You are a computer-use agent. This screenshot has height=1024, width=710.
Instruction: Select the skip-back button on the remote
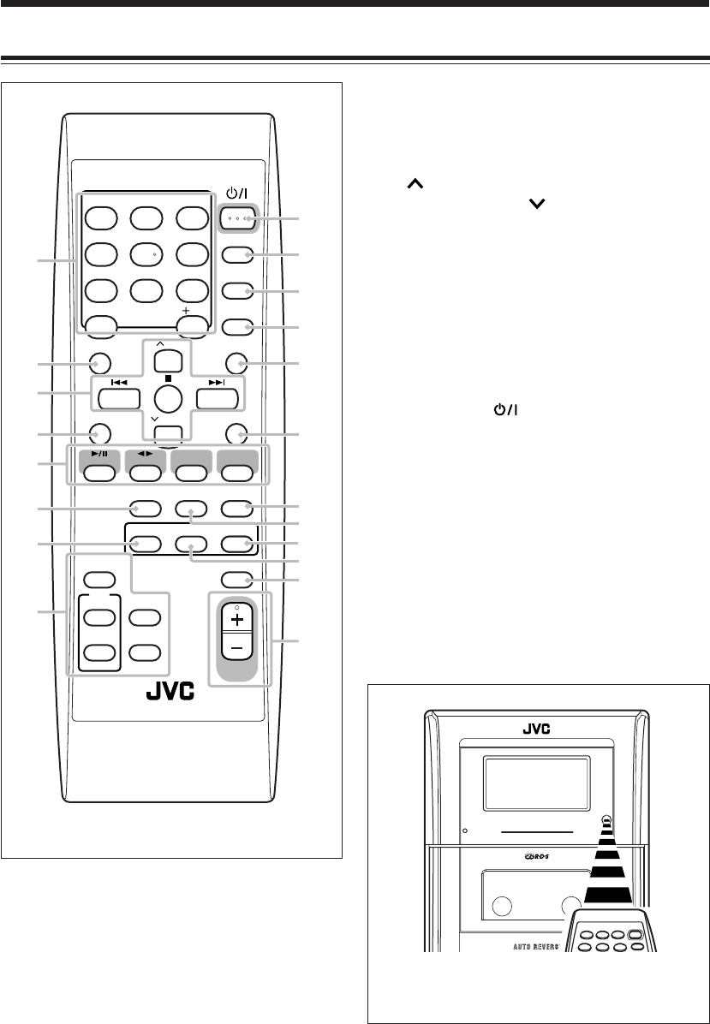tap(118, 398)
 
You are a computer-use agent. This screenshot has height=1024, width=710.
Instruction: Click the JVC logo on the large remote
tap(170, 691)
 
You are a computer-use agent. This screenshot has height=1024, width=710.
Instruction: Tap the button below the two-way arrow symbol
tap(145, 471)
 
